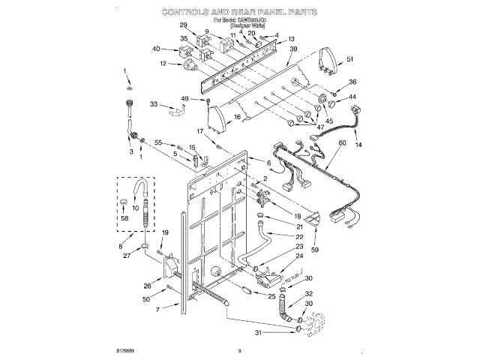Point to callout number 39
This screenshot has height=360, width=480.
[294, 49]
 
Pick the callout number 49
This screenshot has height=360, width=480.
[185, 99]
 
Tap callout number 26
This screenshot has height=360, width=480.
[147, 285]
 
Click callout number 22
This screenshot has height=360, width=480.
[278, 237]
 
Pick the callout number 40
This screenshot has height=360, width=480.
[156, 49]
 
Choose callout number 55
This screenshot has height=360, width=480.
[158, 142]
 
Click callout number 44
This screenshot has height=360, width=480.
[352, 97]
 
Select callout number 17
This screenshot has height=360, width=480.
[201, 131]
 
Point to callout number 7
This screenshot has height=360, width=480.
[157, 310]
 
